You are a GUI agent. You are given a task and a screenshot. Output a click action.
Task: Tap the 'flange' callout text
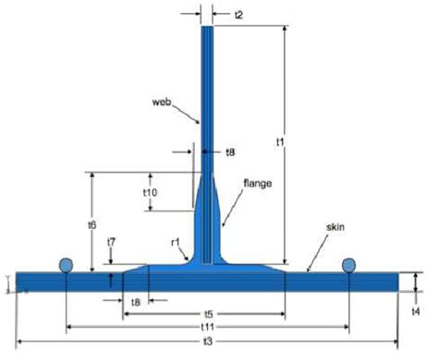click(x=257, y=184)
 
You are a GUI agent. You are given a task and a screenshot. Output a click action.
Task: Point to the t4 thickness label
click(x=416, y=312)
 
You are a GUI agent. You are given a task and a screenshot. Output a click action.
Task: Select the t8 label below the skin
click(x=136, y=301)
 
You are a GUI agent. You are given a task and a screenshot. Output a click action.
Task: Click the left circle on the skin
click(x=67, y=265)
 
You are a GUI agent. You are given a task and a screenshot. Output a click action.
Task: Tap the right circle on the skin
click(x=349, y=265)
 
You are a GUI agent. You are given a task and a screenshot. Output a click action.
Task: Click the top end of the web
click(x=208, y=28)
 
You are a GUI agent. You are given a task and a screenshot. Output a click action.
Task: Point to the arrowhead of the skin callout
click(x=307, y=270)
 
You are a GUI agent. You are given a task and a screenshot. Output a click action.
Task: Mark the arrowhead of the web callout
click(x=201, y=124)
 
